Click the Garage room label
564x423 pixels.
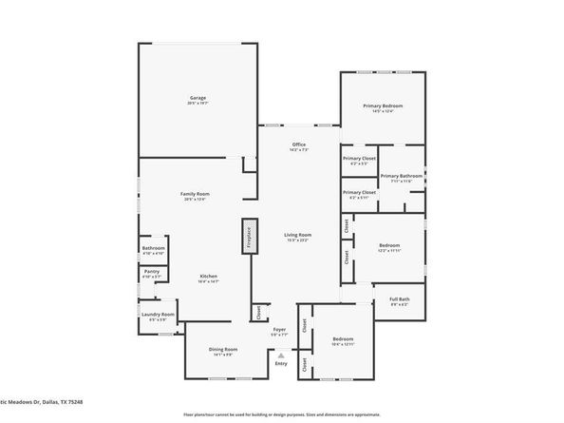pos(197,98)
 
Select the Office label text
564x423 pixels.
pos(298,144)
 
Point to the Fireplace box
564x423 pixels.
pos(249,237)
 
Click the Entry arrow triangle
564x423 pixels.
pos(280,355)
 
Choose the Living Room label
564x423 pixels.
pos(298,234)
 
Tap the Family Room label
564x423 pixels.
pos(196,194)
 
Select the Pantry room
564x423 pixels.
pos(152,274)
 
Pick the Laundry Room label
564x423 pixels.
pos(158,316)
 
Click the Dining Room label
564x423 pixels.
pos(223,349)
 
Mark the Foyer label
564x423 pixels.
pos(279,330)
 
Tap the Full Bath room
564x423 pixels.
pos(398,300)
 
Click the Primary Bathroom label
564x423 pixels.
pos(402,176)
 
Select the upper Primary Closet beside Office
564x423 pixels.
pos(359,160)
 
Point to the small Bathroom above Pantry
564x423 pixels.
pos(153,250)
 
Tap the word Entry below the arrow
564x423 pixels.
pos(280,363)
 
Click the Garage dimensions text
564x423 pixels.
pos(197,104)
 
